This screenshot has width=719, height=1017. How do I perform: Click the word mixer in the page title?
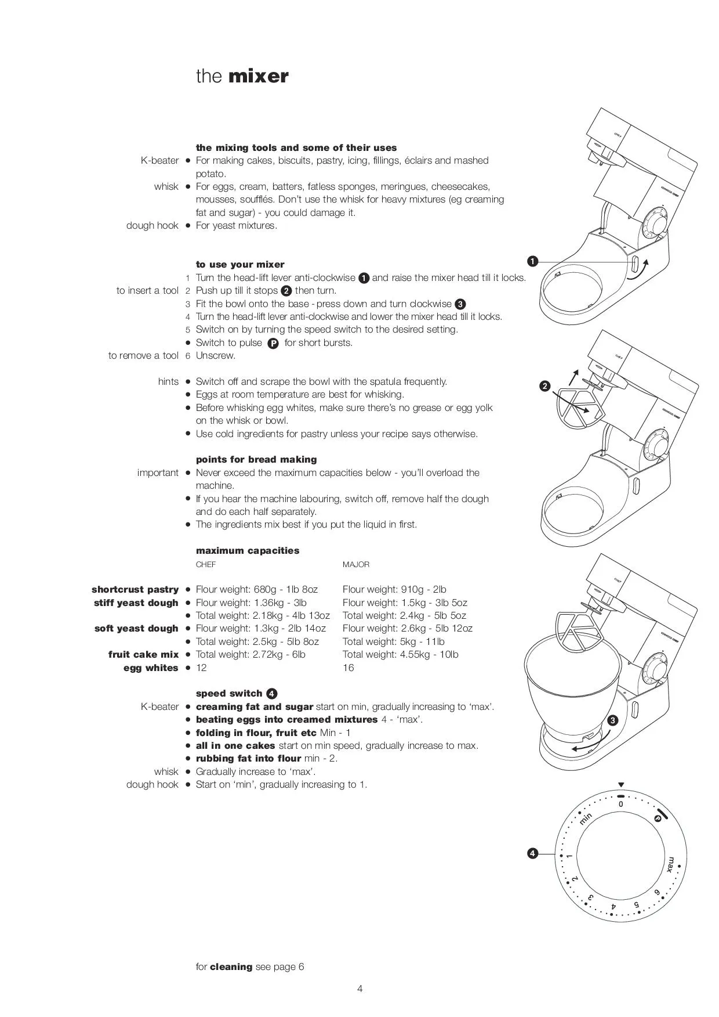(259, 77)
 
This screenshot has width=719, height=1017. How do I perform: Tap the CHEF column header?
(206, 564)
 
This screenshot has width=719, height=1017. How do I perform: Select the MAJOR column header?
(355, 564)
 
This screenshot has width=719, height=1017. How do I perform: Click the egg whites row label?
(151, 668)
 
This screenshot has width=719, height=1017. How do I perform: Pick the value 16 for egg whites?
(348, 668)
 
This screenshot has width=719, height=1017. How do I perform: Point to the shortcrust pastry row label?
(135, 589)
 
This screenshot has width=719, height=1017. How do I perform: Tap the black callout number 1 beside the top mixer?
(532, 261)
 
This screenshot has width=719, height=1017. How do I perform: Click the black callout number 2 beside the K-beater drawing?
(544, 386)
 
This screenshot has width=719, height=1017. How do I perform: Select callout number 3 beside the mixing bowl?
(613, 720)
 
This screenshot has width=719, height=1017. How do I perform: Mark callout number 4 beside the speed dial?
(532, 853)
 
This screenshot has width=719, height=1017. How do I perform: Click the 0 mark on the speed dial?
(620, 805)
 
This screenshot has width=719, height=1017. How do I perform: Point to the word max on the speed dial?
(670, 864)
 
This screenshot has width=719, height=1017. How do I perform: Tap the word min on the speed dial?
(586, 818)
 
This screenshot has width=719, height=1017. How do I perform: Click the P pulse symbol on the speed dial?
(658, 818)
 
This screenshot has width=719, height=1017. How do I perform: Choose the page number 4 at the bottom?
(359, 989)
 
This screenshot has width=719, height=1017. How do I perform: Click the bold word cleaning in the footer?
(231, 966)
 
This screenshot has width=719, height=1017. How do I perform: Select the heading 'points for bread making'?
(256, 459)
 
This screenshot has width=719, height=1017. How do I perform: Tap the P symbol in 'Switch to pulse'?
(273, 343)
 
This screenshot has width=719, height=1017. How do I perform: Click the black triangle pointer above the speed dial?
(620, 785)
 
